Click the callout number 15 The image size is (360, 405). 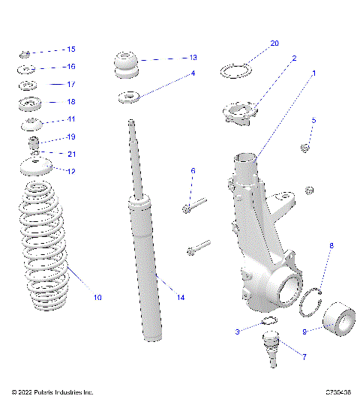tap(71, 49)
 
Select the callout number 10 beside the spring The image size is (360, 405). tap(97, 298)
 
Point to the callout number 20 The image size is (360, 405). tap(274, 43)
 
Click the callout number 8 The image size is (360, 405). tap(331, 244)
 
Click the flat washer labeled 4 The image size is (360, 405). tap(128, 97)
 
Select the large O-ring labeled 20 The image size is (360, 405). tap(235, 71)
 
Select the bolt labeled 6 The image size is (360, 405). tap(193, 203)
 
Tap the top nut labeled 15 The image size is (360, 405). tap(24, 53)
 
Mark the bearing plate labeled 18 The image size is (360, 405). tap(30, 103)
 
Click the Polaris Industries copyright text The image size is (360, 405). tap(52, 391)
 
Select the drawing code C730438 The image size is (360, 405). tap(339, 391)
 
